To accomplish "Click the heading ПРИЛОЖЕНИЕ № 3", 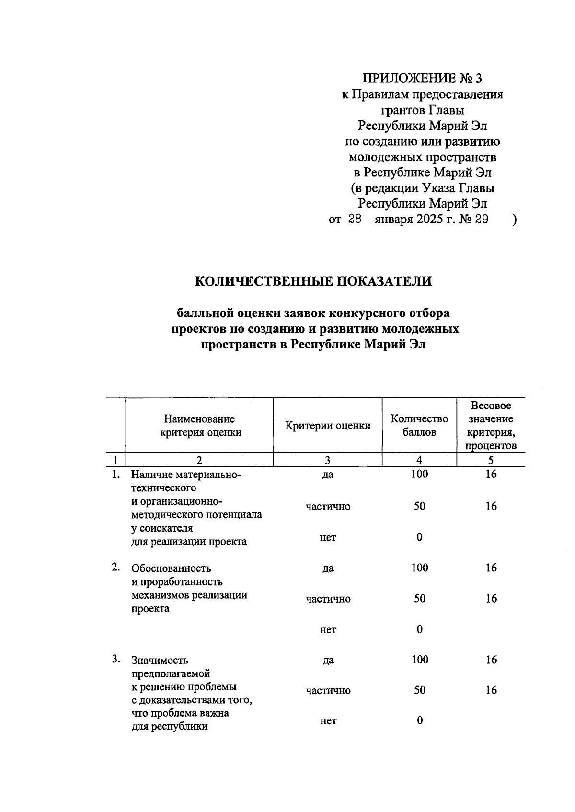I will coord(422,78).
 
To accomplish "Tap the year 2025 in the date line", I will coord(429,220).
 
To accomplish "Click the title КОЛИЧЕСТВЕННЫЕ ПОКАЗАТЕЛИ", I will coord(313,281).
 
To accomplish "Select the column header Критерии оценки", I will coord(328,426).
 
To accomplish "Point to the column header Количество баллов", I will coord(419,425).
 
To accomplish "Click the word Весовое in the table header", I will coord(491,406).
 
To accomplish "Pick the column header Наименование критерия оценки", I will coord(200,425).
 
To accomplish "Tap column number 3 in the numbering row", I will coord(328,460).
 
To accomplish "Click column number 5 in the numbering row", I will coord(491,460).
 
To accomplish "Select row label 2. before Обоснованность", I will coord(116,568).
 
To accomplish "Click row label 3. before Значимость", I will coord(116,660).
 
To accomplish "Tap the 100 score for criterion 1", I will coord(419,475).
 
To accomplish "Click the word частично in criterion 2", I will coord(328,599).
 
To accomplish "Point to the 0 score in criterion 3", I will coord(420,720).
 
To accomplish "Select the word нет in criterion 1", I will coord(328,537).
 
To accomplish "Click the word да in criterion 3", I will coord(328,661).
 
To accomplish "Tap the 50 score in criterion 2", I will coord(420,599).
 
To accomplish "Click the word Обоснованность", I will coord(171,568).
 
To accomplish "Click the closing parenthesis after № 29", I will coord(514,220).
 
